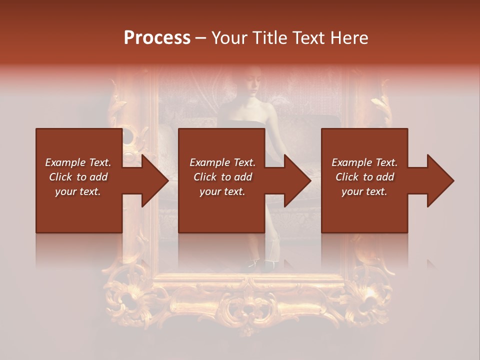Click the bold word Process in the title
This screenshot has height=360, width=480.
point(157,38)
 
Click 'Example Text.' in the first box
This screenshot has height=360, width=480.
point(78,162)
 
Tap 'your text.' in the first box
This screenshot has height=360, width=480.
point(78,191)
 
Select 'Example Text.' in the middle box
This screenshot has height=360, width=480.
point(222,162)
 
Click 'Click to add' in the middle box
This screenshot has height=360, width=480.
point(222,177)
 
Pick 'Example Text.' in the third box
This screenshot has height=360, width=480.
point(364,162)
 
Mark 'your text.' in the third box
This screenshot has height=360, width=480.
point(364,191)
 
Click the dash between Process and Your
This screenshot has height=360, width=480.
point(201,38)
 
